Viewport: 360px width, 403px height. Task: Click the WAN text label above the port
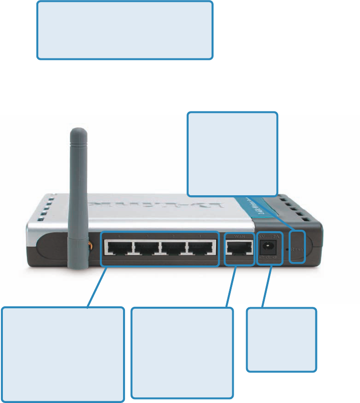pos(239,236)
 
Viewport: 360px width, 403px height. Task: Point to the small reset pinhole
pos(287,249)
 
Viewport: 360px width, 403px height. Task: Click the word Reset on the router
pos(297,249)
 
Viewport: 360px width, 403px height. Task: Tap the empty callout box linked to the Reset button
pos(232,154)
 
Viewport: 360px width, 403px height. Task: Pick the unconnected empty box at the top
pos(124,30)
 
